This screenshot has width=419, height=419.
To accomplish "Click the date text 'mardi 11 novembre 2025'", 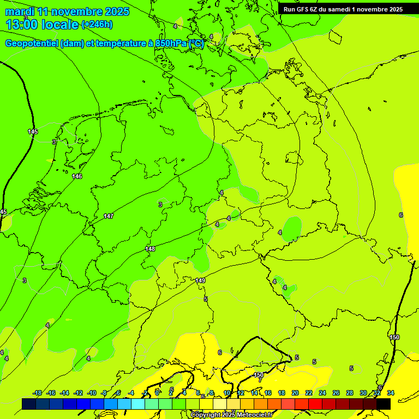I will pos(67,11).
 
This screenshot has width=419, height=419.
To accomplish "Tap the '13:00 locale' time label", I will pos(42,25).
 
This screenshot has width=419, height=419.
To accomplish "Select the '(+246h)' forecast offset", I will pos(97,25).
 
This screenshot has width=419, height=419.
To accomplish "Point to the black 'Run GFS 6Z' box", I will pos(343,9).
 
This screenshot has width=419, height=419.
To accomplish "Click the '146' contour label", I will pos(77,176).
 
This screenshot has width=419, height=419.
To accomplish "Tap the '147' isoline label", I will pos(109,217).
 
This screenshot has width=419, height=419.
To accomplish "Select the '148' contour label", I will pos(150,249).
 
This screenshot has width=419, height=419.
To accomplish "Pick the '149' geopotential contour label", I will pos(200,280).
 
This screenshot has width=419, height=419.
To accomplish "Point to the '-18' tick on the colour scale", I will pos(37,393).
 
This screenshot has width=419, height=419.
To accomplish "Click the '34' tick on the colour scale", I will pos(390,393).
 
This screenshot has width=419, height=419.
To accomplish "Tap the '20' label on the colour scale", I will pos(295,393).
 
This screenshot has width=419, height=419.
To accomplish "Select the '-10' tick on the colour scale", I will pos(92,393).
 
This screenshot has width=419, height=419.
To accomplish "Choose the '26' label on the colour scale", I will pos(336,393).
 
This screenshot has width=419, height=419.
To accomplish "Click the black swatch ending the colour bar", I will pos(384,404).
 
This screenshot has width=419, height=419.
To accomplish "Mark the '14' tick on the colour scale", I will pos(254,393).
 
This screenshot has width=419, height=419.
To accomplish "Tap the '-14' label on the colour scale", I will pos(64,393).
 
